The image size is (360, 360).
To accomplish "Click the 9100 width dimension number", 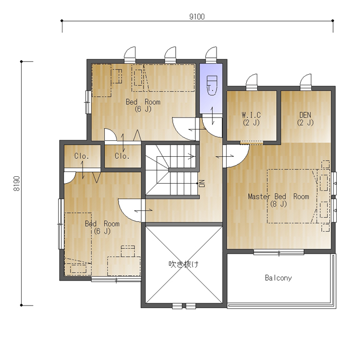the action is click(x=197, y=17).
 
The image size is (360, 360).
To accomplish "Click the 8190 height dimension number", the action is click(x=16, y=184).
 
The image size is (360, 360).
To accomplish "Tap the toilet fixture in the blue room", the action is click(x=212, y=86).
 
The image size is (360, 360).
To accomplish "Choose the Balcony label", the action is click(x=278, y=278).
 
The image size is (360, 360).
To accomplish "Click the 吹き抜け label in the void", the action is click(x=184, y=264).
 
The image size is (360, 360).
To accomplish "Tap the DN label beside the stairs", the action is click(x=202, y=184).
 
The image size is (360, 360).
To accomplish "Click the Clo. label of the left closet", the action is click(x=82, y=156).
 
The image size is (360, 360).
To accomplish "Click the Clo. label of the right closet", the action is click(x=122, y=156).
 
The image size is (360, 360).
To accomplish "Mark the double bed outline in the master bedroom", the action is click(x=292, y=196).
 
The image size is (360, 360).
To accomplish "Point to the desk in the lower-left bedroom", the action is click(x=124, y=266).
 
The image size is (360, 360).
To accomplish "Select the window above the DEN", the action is click(x=306, y=83).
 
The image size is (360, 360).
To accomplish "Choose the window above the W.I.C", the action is click(x=251, y=83).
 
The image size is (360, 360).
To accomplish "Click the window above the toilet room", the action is click(x=211, y=55).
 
